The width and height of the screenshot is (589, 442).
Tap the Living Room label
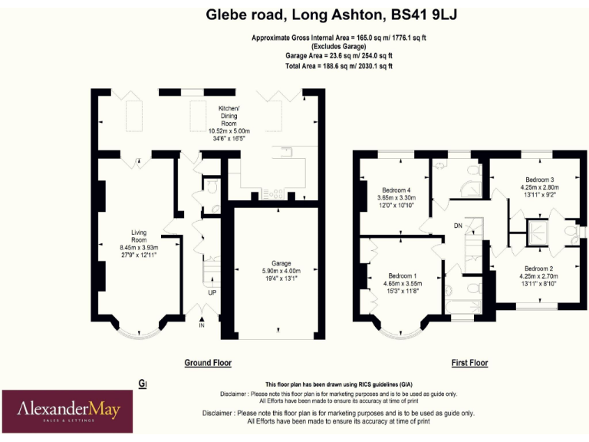click(x=139, y=236)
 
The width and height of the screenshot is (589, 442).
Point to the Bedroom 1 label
click(x=402, y=276)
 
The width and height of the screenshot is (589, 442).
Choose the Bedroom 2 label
click(x=540, y=269)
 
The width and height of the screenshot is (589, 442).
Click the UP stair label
click(x=211, y=293)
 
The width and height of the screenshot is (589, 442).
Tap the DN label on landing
click(x=458, y=226)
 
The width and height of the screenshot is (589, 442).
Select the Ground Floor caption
click(x=208, y=363)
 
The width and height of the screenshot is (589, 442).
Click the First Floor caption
click(x=469, y=363)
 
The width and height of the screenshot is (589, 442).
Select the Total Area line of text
click(x=339, y=66)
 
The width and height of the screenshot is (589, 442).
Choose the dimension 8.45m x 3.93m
click(x=139, y=247)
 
